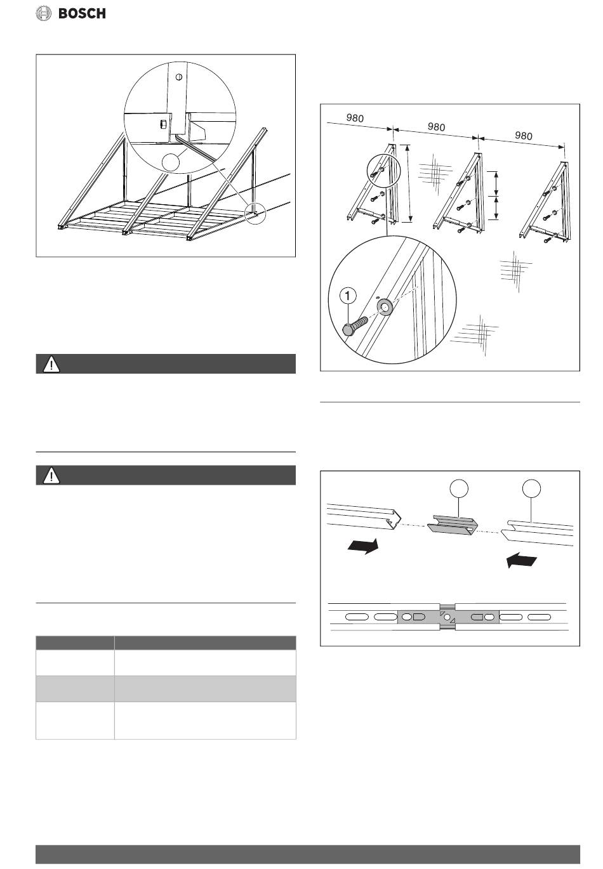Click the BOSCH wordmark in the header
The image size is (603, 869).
(83, 13)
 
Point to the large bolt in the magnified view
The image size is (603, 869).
(358, 323)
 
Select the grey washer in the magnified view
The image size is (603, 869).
(384, 308)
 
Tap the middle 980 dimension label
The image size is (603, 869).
(436, 127)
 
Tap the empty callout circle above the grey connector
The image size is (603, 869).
(459, 489)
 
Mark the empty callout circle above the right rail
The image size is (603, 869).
(532, 489)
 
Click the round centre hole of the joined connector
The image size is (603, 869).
(447, 617)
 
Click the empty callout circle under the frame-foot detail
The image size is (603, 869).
(171, 162)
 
